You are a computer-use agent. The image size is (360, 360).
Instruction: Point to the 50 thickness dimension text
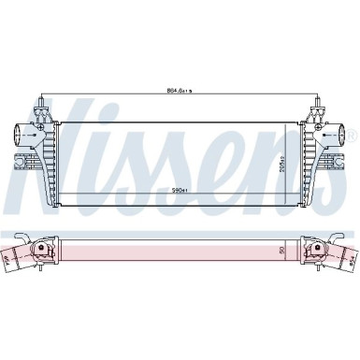coord(281,251)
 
